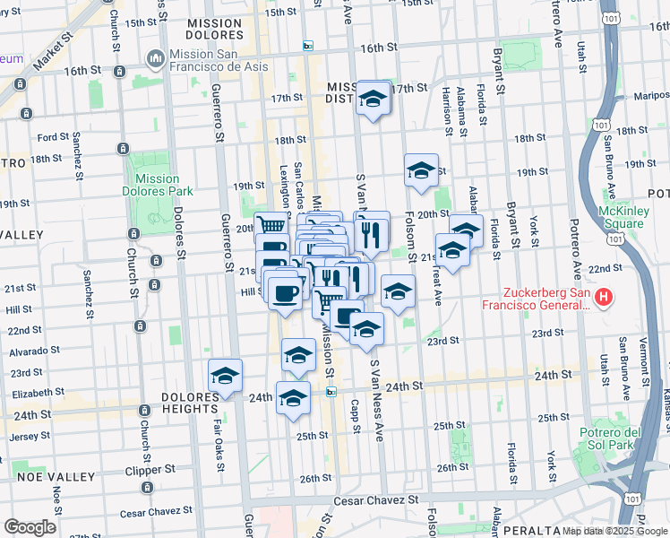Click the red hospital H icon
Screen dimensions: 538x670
coord(605,297)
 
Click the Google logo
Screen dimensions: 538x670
coord(29,527)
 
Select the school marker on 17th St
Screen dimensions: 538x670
coord(374,100)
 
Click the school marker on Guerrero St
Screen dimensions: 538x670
coord(225,376)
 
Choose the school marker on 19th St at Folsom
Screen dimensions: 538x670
coord(420,171)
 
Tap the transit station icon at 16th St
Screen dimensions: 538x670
coord(308,47)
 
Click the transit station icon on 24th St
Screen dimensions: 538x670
coord(331,392)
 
